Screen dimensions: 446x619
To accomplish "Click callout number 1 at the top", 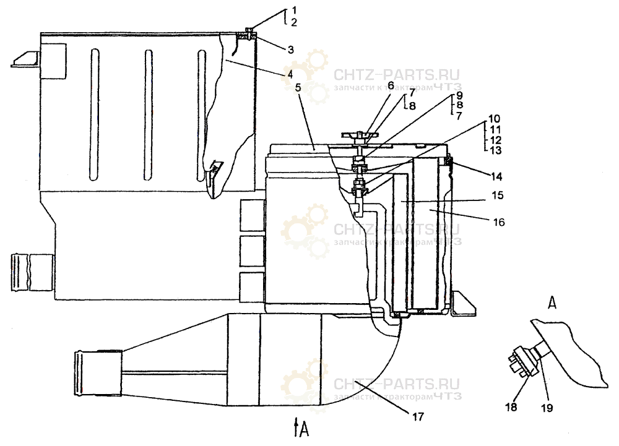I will coord(295,11).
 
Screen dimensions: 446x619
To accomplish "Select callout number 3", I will coord(290,49).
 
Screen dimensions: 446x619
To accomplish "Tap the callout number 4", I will coord(289,74).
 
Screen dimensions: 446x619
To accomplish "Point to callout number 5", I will coord(298,88).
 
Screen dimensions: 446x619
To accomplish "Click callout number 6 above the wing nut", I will coord(391,85).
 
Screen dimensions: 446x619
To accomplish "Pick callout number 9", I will coord(459,97).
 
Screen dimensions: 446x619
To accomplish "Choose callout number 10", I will coord(494,118).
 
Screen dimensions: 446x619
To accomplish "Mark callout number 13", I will coord(494,150).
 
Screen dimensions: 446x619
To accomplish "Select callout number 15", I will coord(497,195).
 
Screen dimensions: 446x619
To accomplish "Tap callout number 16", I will coord(499,221).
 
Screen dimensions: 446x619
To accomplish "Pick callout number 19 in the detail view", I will coord(547,408).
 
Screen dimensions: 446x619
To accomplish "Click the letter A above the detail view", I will coord(552,302).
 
